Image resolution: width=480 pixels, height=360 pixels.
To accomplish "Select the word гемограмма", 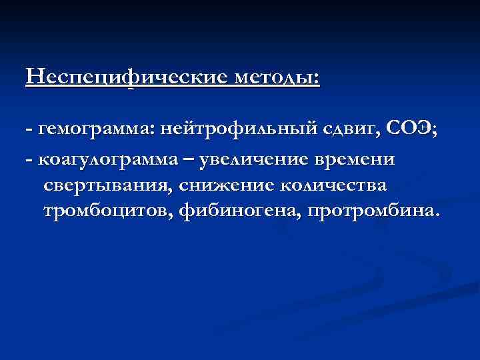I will coord(95,131).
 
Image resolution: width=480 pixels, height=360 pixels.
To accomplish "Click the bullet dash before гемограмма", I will coord(29,131).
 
